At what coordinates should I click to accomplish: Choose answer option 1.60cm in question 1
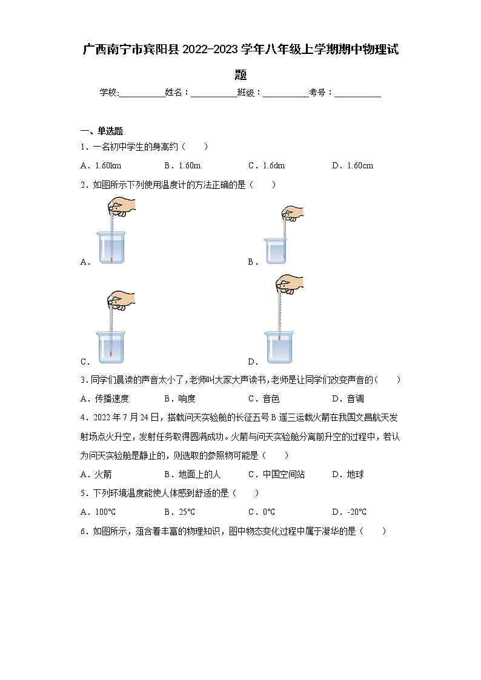point(353,166)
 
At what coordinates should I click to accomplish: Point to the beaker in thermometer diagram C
point(111,348)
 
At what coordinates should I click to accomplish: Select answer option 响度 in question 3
point(180,399)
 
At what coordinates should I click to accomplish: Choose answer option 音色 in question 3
point(264,399)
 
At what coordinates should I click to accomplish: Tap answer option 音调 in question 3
point(348,399)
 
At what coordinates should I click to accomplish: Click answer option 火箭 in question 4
point(96,475)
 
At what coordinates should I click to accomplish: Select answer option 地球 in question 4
point(348,475)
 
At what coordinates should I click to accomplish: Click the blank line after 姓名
point(214,94)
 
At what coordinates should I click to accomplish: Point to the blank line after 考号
point(357,94)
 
